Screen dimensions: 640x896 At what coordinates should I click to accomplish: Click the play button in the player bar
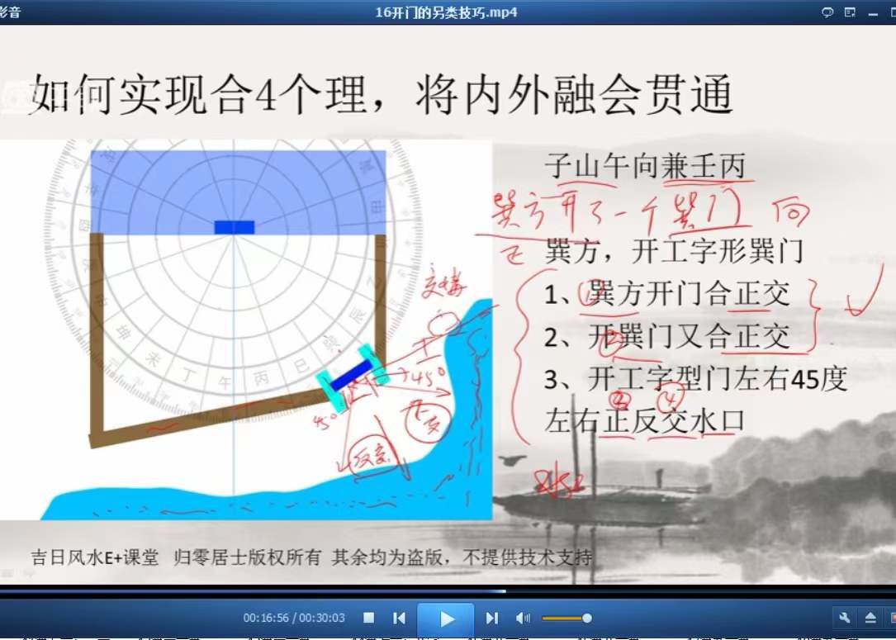446,619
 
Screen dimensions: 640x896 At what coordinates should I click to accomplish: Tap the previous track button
399,618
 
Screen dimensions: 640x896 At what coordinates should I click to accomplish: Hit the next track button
492,618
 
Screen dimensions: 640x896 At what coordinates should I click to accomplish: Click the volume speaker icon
523,618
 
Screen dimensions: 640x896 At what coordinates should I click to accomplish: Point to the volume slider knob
587,618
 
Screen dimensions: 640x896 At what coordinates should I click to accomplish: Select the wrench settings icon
844,618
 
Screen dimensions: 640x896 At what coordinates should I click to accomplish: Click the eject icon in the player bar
870,618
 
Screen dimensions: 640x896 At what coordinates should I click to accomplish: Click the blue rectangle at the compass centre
235,227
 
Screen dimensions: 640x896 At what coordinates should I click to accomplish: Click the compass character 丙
261,377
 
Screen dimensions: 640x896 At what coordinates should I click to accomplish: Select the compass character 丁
190,377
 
